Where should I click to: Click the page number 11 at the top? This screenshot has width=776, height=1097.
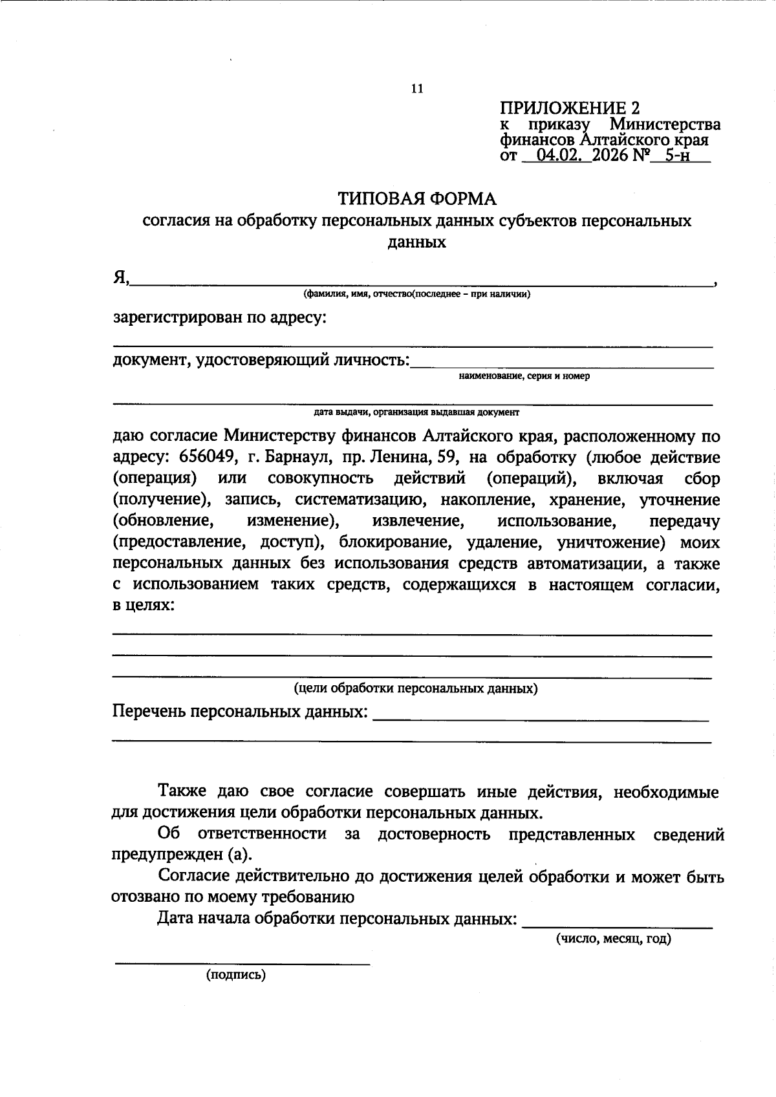(x=417, y=89)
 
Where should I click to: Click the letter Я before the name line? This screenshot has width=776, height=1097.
(x=120, y=277)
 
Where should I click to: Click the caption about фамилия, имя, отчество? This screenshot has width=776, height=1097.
(x=417, y=295)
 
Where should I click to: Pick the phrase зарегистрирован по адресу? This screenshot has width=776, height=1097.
(x=220, y=318)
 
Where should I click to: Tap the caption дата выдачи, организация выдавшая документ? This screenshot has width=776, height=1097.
(x=416, y=412)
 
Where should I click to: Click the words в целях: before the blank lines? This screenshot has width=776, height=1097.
(x=144, y=606)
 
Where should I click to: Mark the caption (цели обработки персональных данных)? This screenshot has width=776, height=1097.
(x=416, y=689)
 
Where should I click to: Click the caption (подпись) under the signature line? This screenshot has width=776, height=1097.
(x=236, y=976)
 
